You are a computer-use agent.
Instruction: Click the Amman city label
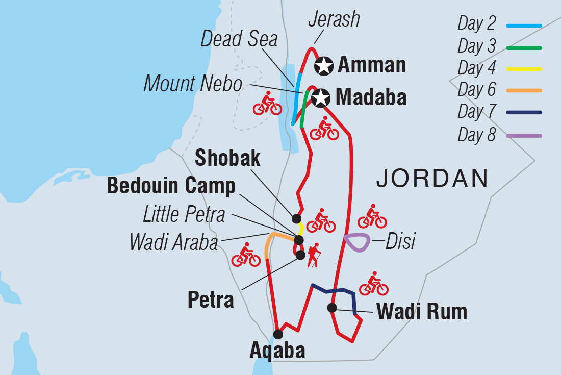tap(372, 65)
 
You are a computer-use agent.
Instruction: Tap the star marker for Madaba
tap(320, 98)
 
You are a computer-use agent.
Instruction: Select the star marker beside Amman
tap(324, 65)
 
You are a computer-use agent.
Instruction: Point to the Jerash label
tap(334, 19)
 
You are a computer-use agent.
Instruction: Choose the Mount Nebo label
tap(193, 84)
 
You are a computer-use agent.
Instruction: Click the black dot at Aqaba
tap(278, 334)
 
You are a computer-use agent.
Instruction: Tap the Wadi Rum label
tap(422, 311)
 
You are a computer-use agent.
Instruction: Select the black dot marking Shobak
tap(296, 218)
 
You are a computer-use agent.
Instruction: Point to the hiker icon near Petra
tap(313, 255)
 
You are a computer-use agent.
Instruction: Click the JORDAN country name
tap(432, 179)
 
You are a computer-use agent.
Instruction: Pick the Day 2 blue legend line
tap(524, 25)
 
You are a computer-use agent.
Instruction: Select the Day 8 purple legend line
tap(524, 136)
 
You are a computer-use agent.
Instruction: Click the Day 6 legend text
tap(477, 90)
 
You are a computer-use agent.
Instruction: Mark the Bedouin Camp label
tap(171, 186)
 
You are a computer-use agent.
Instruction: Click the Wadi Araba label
tap(174, 242)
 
